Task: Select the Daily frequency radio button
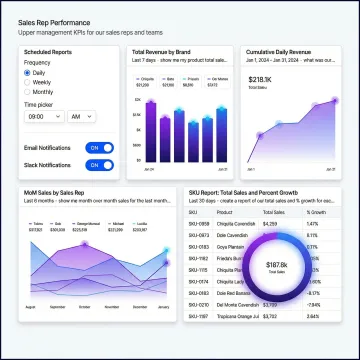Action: click(x=28, y=73)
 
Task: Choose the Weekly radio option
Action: click(x=28, y=83)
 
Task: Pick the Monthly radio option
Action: click(x=28, y=93)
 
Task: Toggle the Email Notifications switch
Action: click(x=100, y=147)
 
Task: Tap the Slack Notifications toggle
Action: click(x=100, y=165)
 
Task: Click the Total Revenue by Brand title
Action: click(x=161, y=51)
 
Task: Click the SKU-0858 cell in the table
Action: click(x=200, y=224)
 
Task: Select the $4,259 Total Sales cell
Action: click(x=271, y=224)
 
